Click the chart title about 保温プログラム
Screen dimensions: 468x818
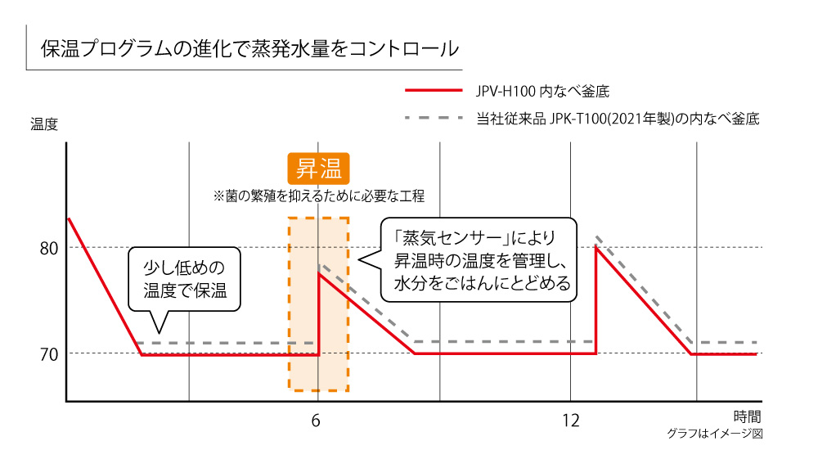(x=249, y=49)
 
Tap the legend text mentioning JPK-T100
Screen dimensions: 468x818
(x=618, y=119)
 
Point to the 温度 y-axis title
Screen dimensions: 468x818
(x=44, y=124)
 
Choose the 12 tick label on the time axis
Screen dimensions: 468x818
(x=571, y=421)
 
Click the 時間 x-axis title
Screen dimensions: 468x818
(x=747, y=416)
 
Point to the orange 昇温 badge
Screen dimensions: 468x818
(x=319, y=169)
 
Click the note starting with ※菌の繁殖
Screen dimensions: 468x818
(x=319, y=196)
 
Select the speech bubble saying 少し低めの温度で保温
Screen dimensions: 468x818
(x=184, y=278)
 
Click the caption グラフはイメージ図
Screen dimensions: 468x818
(x=714, y=434)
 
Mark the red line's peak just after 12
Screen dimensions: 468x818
(x=596, y=246)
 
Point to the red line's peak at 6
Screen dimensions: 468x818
(x=318, y=273)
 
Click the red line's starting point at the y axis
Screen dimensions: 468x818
(x=68, y=218)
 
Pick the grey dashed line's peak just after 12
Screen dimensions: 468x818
(x=598, y=236)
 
